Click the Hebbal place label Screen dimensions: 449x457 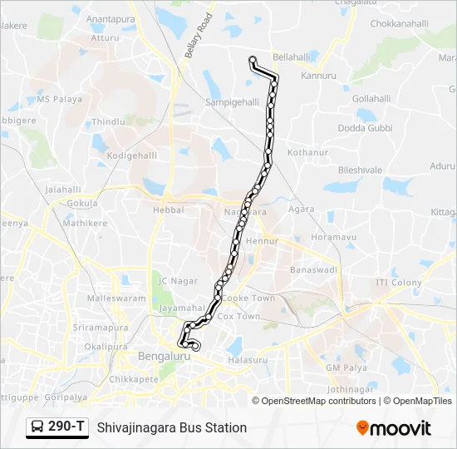(164, 211)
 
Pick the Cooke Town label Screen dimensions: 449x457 (248, 298)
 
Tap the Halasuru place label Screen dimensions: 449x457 (248, 360)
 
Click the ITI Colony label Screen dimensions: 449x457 (399, 283)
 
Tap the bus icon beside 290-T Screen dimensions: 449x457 (38, 427)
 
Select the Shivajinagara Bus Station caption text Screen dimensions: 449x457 (172, 427)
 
